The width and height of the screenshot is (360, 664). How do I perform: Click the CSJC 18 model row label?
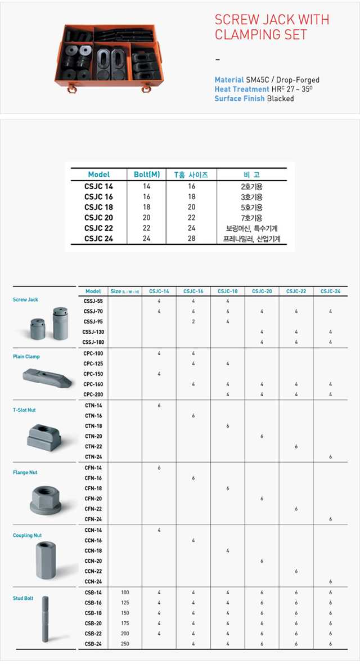click(98, 207)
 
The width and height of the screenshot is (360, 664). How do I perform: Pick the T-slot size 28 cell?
click(191, 239)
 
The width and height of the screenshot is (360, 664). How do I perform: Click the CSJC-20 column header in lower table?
click(262, 291)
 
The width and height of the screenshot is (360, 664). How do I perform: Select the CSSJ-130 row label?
click(93, 332)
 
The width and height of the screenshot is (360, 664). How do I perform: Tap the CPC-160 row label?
click(93, 384)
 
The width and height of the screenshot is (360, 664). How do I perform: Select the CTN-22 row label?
click(93, 446)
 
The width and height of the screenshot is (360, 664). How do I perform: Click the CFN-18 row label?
click(93, 488)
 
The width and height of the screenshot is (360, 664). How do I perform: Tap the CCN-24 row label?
click(93, 581)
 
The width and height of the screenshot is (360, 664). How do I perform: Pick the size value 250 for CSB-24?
click(125, 644)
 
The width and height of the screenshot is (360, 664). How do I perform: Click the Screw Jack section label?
click(25, 300)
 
